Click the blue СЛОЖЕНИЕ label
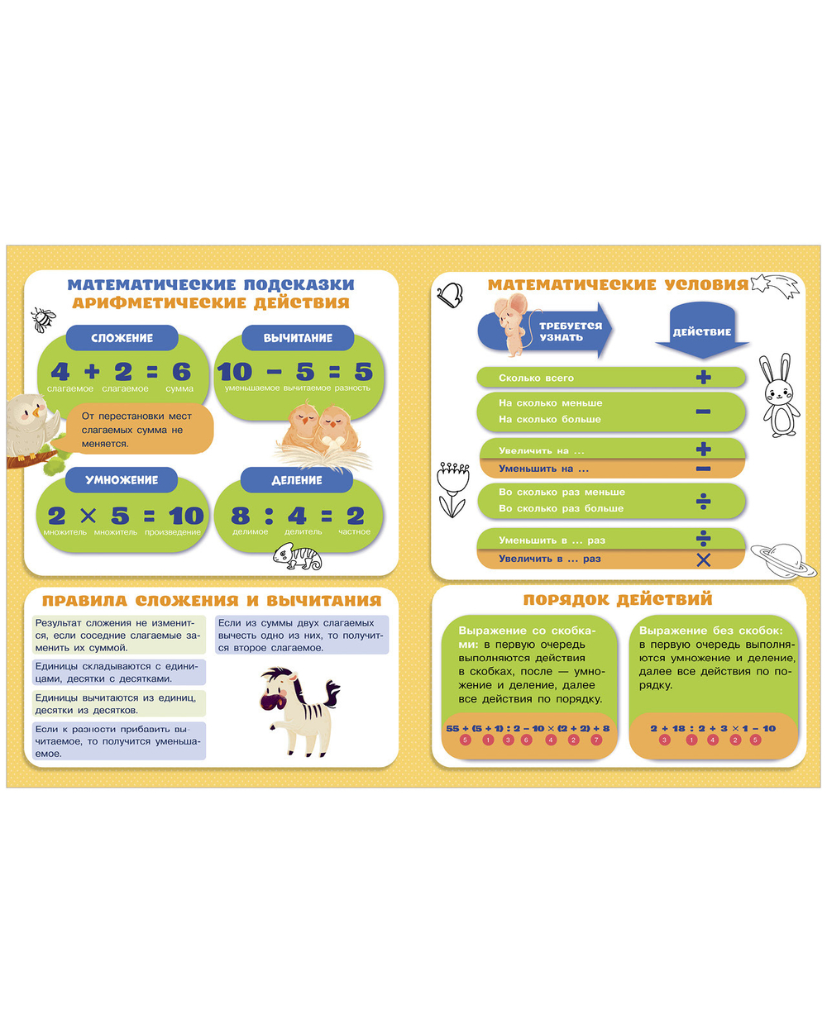pos(122,337)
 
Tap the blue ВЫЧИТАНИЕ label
pos(298,337)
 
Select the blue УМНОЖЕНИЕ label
pos(122,479)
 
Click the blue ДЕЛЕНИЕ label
pos(297,479)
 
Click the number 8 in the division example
pos(241,516)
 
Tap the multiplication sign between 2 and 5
pos(88,516)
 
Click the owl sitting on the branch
pos(31,430)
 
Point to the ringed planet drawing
pos(781,559)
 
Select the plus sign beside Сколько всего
pos(703,378)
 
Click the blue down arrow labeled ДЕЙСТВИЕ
pos(702,330)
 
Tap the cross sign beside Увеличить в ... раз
pos(703,559)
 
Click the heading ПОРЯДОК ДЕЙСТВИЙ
pos(618,599)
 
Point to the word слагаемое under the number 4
pos(70,388)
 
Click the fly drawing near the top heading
pos(43,318)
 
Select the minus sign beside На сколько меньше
pos(703,411)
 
